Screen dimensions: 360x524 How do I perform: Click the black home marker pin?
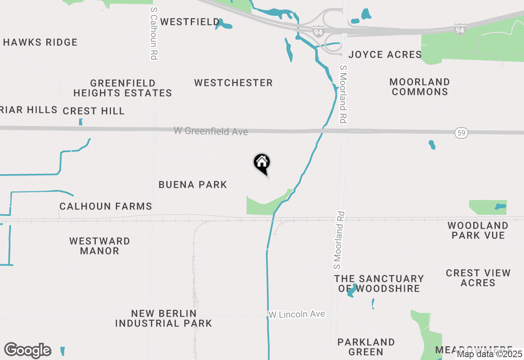pos(262,163)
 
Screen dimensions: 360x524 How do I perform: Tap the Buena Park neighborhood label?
pos(193,184)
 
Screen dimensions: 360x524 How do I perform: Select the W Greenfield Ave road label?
pos(211,131)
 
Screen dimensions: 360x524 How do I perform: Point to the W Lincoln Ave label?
pos(297,314)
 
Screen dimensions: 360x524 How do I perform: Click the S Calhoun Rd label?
pos(154,33)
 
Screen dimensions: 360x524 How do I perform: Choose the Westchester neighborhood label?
pos(233,83)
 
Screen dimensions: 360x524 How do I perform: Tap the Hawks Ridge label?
pos(40,42)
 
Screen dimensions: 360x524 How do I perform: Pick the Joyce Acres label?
pos(385,54)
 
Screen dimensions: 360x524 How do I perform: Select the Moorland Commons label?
pos(420,87)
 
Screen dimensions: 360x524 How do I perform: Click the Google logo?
pos(28,351)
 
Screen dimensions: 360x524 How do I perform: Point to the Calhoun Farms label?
pos(106,206)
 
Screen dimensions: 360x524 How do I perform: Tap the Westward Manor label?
pos(99,246)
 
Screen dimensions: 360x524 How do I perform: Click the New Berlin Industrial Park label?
pos(163,318)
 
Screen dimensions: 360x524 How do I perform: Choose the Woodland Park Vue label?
pos(478,230)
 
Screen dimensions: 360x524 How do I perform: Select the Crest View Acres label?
pos(478,278)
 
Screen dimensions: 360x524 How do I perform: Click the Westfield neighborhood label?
pos(190,22)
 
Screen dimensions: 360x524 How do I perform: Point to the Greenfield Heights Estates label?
pos(122,88)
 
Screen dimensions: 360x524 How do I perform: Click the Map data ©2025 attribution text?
pos(490,354)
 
